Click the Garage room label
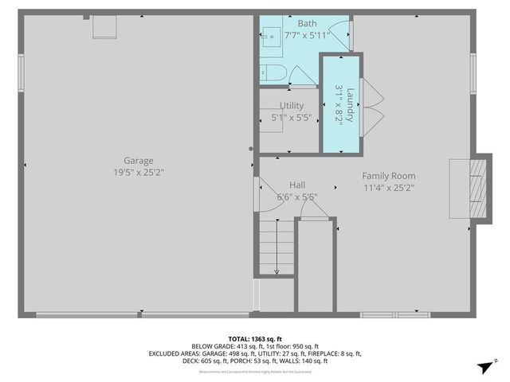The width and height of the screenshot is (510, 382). [x=138, y=160]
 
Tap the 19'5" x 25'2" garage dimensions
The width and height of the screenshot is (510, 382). [x=138, y=172]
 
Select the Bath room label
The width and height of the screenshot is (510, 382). [x=285, y=24]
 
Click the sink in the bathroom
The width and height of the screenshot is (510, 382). [x=269, y=34]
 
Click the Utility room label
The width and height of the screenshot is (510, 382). [x=291, y=106]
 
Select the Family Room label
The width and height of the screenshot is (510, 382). [x=388, y=176]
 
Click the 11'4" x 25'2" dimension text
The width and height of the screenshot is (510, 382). [x=388, y=188]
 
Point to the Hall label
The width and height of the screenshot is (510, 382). [x=297, y=184]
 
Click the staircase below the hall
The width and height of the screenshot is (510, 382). [x=275, y=247]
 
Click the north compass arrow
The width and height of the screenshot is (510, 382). [x=483, y=367]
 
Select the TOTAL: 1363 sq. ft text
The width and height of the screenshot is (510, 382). [x=255, y=337]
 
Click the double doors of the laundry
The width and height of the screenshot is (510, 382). [x=373, y=103]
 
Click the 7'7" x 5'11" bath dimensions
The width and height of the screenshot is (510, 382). [x=285, y=35]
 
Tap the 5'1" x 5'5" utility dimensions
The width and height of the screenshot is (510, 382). [x=291, y=118]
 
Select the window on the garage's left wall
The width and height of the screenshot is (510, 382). [x=22, y=72]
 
